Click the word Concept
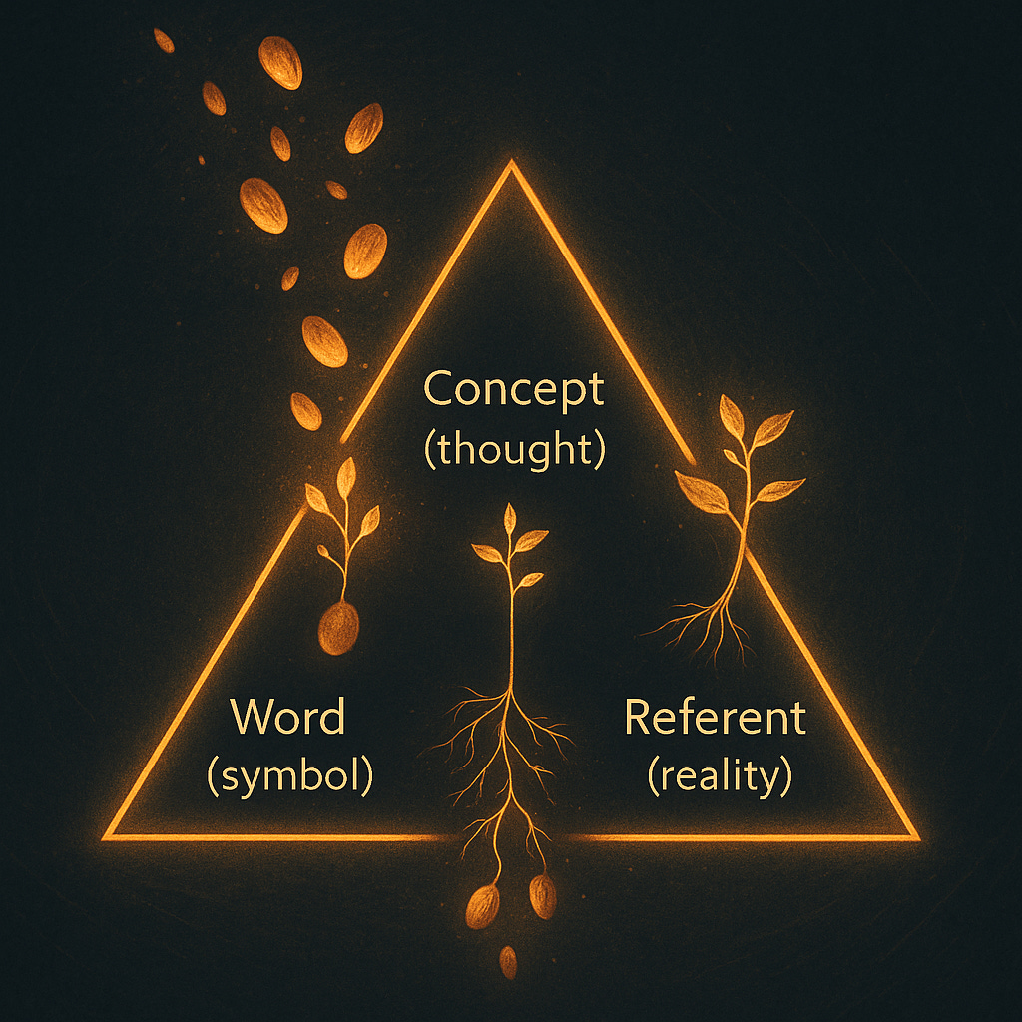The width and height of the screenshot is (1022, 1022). (x=514, y=389)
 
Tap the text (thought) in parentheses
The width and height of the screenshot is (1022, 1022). (x=514, y=449)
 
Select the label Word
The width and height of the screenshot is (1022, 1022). (x=287, y=718)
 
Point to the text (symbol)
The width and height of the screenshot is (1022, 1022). (x=289, y=776)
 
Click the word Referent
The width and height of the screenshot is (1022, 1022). (x=715, y=718)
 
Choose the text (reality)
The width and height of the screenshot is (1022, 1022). (x=720, y=776)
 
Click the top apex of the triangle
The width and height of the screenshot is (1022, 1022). (x=512, y=166)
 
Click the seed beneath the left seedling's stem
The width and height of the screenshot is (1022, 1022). (x=338, y=628)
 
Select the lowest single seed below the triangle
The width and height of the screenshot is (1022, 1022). (x=508, y=961)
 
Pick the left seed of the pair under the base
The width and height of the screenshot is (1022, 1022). (x=483, y=906)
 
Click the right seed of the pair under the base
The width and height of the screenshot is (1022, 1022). (x=542, y=895)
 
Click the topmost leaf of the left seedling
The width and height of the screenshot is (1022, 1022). (x=346, y=477)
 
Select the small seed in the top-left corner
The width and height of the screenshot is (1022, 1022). (x=164, y=41)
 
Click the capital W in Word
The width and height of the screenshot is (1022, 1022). (x=250, y=718)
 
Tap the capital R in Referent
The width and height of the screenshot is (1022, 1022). (x=640, y=718)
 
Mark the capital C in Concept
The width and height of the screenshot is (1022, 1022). (x=440, y=389)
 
